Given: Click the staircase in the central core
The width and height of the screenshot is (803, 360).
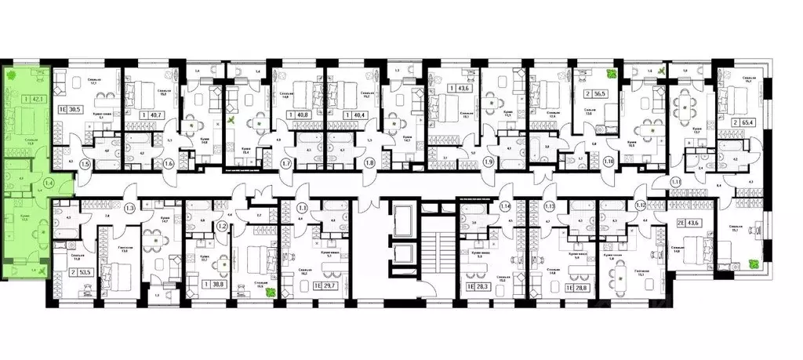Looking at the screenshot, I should click(431, 251).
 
